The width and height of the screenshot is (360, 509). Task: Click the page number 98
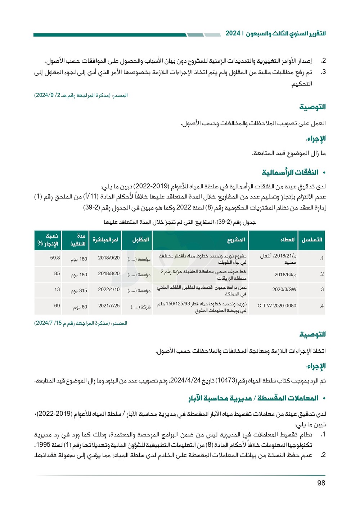point(321,483)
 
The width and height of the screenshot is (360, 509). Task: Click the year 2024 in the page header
point(233,34)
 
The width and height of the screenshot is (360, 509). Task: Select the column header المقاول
point(140,240)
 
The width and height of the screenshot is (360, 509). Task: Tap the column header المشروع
point(236,240)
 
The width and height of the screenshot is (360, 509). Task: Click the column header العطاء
point(287,240)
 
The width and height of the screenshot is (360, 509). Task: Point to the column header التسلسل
point(312,240)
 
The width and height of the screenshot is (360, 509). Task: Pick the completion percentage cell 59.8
point(55,258)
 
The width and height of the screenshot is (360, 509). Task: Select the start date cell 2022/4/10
point(109,290)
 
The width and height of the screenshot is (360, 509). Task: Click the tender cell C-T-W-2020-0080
point(277,306)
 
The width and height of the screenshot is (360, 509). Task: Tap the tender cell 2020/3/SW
point(284,290)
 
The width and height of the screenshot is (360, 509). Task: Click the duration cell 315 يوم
point(79,290)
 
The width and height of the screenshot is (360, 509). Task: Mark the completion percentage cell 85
point(57,274)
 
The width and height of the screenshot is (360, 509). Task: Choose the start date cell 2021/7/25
point(109,306)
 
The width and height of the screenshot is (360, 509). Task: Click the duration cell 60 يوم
point(80,307)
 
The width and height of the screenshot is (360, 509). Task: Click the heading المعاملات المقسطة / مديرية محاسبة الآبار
point(253,398)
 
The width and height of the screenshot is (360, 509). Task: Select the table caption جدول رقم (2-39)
point(180,222)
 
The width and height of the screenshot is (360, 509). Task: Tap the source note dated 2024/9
point(81,95)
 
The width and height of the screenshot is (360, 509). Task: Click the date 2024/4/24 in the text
point(185,380)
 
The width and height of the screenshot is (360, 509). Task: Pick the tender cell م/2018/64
point(285,274)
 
